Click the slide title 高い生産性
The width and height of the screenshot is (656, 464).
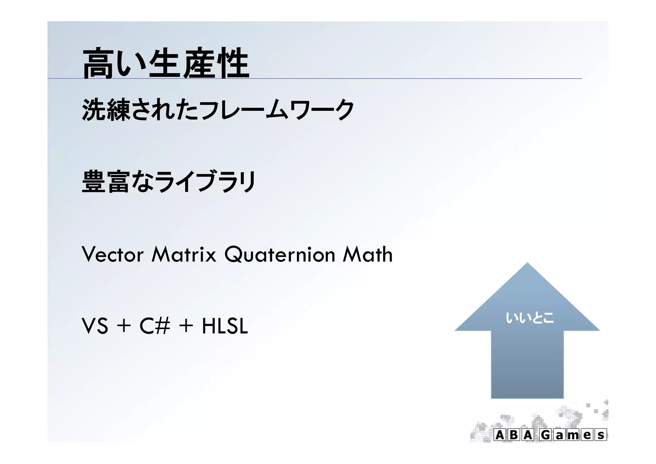166,63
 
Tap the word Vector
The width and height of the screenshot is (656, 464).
112,254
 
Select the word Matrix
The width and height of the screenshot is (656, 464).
184,254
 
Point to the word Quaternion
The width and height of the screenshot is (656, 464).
280,254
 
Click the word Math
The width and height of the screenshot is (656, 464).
367,254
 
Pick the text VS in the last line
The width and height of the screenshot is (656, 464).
95,326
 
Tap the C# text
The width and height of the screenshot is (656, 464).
154,326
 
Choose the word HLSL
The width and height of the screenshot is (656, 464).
225,326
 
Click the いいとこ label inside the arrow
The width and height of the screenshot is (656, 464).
529,318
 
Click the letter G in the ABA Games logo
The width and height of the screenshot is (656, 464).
546,435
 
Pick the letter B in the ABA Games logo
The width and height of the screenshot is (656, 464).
513,435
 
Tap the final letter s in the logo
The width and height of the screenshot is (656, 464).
601,435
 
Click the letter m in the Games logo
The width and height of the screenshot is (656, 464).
573,435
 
